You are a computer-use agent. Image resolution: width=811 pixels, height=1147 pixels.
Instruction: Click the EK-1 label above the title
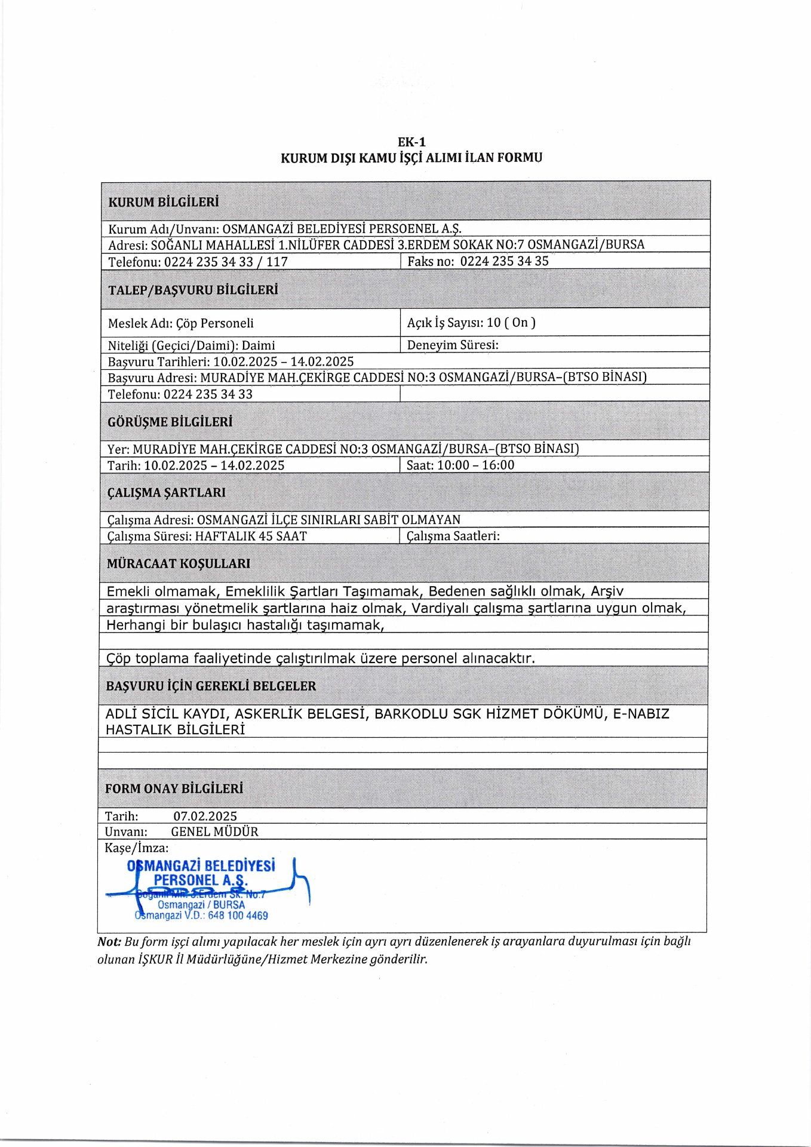(x=411, y=142)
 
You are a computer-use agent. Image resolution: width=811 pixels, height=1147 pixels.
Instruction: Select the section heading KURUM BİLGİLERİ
(x=163, y=202)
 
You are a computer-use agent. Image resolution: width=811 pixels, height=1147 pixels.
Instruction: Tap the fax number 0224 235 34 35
(x=504, y=261)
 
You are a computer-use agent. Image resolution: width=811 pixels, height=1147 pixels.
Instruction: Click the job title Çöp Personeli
(x=215, y=323)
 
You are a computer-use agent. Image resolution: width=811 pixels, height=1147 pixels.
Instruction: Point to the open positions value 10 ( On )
(x=511, y=323)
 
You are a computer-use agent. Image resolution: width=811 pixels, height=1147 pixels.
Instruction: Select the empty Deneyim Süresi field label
(x=452, y=345)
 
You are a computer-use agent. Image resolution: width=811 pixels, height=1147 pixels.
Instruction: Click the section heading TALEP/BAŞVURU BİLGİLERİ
(x=193, y=290)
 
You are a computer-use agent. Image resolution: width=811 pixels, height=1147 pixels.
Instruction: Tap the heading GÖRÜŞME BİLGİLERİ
(x=170, y=422)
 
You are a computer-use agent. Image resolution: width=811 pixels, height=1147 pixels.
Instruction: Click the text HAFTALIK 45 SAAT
(x=251, y=536)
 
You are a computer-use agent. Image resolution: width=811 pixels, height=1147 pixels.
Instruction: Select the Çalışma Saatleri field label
(x=453, y=536)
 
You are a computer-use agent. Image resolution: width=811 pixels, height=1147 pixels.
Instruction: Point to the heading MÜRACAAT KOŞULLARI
(x=178, y=563)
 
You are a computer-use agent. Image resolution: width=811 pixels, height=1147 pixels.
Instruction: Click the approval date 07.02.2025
(x=205, y=816)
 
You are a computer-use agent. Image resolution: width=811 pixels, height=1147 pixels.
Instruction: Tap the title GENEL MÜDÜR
(x=214, y=832)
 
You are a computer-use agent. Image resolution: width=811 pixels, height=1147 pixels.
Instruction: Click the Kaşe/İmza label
(x=136, y=848)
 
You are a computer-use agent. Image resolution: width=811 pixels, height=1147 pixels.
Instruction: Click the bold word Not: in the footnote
(x=109, y=941)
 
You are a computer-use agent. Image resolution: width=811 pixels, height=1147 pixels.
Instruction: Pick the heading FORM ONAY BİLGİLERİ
(x=174, y=789)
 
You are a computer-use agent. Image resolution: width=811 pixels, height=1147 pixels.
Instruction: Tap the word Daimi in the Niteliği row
(x=258, y=345)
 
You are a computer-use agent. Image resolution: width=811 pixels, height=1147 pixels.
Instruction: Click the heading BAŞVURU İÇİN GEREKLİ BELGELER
(x=210, y=686)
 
